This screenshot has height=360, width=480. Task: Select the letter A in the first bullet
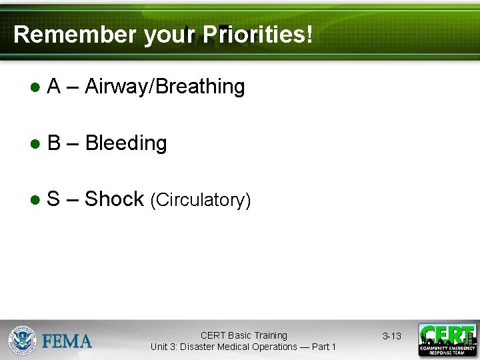(x=55, y=87)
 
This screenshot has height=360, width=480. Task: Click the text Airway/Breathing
(x=165, y=87)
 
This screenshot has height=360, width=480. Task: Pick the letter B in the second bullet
(x=55, y=143)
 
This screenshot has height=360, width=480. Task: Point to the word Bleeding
(x=126, y=143)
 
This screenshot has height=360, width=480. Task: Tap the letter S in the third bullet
(x=54, y=199)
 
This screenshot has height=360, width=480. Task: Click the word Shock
(x=114, y=199)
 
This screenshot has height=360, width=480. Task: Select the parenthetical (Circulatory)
(x=201, y=201)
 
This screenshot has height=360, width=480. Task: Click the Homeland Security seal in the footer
(x=22, y=341)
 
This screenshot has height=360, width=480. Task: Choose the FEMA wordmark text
(x=67, y=341)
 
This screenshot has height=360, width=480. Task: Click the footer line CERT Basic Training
(x=244, y=335)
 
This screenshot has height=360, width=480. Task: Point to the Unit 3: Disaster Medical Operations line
(x=243, y=347)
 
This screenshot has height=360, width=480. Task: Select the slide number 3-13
(x=392, y=336)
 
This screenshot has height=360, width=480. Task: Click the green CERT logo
(x=447, y=339)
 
